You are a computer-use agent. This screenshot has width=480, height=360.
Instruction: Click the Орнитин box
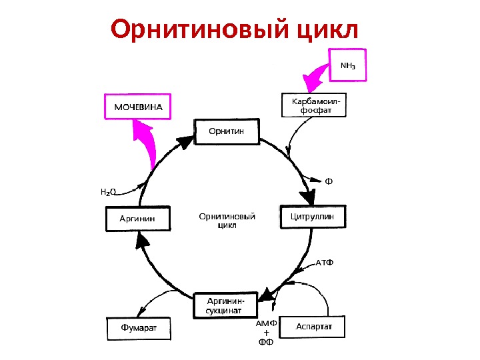click(x=226, y=131)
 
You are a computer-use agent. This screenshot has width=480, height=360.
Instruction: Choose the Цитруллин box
click(x=316, y=217)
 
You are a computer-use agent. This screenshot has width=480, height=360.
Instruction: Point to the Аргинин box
click(x=138, y=219)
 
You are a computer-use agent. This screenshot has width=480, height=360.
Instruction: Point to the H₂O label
click(x=108, y=192)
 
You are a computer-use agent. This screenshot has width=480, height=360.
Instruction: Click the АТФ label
click(x=324, y=261)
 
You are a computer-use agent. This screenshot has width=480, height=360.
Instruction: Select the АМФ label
click(x=266, y=323)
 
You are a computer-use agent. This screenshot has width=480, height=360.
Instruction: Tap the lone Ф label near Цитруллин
click(x=329, y=181)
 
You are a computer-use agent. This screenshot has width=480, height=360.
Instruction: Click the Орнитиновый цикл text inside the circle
click(x=227, y=221)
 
